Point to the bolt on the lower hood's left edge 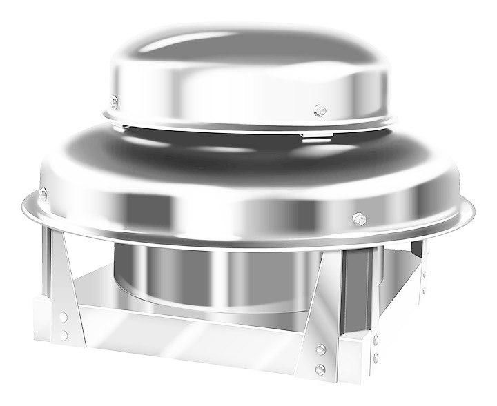tap(43, 193)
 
